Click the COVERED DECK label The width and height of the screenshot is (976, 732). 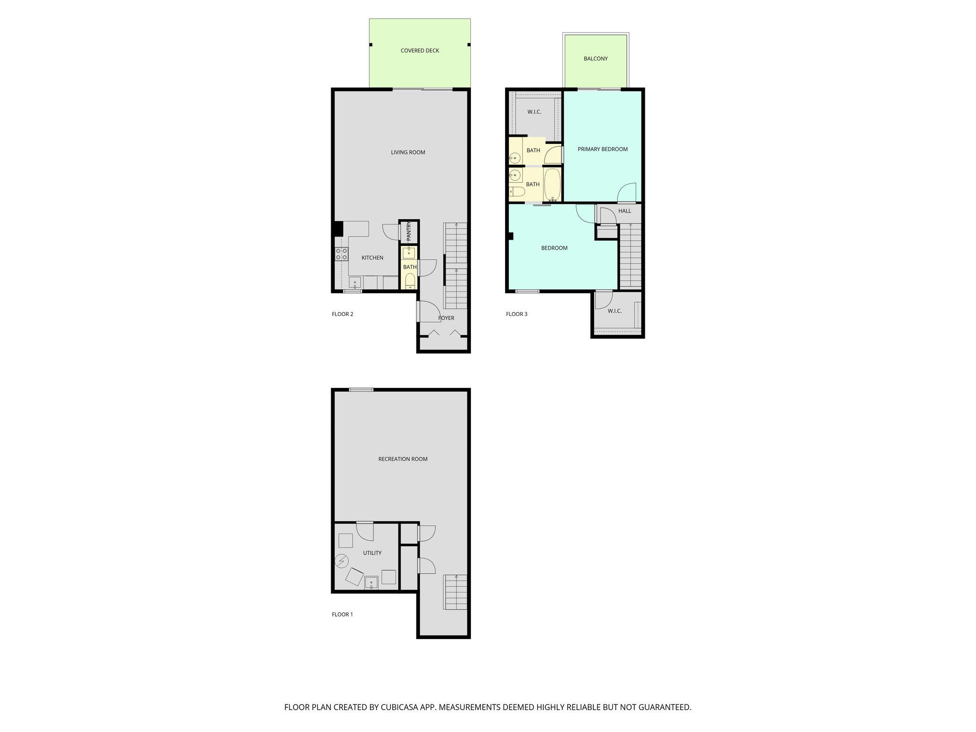click(419, 51)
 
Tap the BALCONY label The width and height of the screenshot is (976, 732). click(596, 59)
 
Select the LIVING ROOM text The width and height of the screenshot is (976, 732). click(408, 152)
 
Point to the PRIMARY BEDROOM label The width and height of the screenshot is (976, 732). click(602, 149)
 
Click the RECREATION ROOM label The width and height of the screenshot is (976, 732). click(403, 459)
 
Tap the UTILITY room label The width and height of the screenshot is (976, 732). click(372, 553)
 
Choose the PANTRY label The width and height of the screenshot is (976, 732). click(408, 232)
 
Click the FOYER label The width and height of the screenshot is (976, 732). click(446, 318)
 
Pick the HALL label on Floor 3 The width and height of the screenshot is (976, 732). click(624, 211)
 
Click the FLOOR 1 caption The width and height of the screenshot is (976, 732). click(342, 614)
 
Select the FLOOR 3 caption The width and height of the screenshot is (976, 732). click(517, 314)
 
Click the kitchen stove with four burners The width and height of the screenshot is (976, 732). click(341, 254)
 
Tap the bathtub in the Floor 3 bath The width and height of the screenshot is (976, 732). click(553, 184)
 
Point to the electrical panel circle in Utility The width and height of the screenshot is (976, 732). click(341, 561)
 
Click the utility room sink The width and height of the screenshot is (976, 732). click(371, 582)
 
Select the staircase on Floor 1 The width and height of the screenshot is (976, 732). click(456, 591)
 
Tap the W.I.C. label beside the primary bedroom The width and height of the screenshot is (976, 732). click(534, 112)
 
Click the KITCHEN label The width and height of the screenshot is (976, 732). click(372, 258)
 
